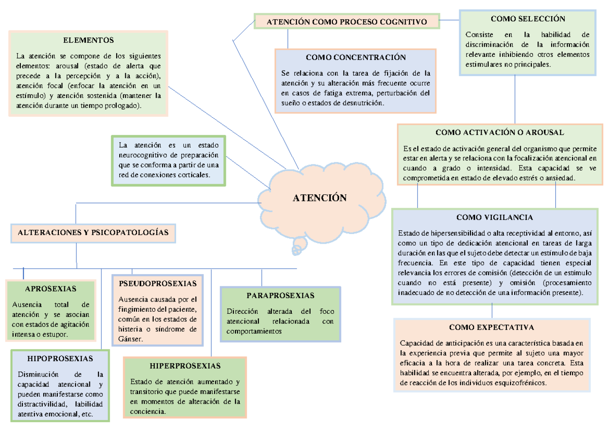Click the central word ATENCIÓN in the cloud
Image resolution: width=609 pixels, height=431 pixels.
tap(319, 198)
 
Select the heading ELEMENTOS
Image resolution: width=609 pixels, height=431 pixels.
tap(88, 40)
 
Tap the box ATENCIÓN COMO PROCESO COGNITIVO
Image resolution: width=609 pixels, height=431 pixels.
tap(347, 22)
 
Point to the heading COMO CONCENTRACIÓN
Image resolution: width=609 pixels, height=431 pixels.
tap(356, 57)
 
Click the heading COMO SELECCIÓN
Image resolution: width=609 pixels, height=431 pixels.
tap(528, 19)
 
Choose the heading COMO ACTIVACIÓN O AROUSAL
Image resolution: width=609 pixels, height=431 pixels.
tap(499, 132)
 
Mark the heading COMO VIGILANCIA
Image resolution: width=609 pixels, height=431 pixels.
tap(494, 217)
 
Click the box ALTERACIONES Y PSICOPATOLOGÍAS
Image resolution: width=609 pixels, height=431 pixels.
tap(93, 233)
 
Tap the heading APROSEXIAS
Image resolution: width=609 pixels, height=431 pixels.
tap(50, 289)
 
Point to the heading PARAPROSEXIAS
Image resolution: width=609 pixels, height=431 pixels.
tap(280, 295)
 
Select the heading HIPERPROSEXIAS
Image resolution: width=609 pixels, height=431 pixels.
tap(185, 366)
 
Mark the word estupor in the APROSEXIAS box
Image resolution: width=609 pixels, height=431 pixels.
tap(53, 335)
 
